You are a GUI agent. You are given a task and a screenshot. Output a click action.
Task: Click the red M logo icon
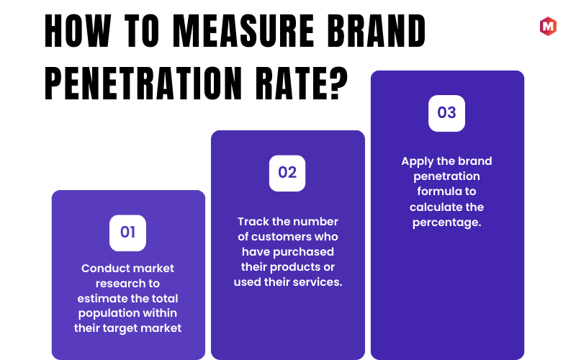click(548, 27)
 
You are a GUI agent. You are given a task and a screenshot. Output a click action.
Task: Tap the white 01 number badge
click(128, 233)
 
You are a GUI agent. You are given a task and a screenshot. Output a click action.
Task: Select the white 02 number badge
click(287, 174)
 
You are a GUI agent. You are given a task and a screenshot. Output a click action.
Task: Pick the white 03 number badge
click(446, 114)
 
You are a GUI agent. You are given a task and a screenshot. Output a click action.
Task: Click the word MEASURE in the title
click(243, 31)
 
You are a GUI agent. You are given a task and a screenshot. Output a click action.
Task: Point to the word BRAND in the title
click(376, 31)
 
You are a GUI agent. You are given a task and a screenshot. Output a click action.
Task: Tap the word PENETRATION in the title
click(143, 84)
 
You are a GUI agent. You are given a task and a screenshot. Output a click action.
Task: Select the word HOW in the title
click(78, 31)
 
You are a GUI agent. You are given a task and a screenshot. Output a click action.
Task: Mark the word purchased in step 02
click(303, 253)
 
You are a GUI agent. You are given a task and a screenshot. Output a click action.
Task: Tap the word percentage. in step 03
click(446, 223)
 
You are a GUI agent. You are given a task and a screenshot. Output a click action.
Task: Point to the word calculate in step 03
click(430, 207)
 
